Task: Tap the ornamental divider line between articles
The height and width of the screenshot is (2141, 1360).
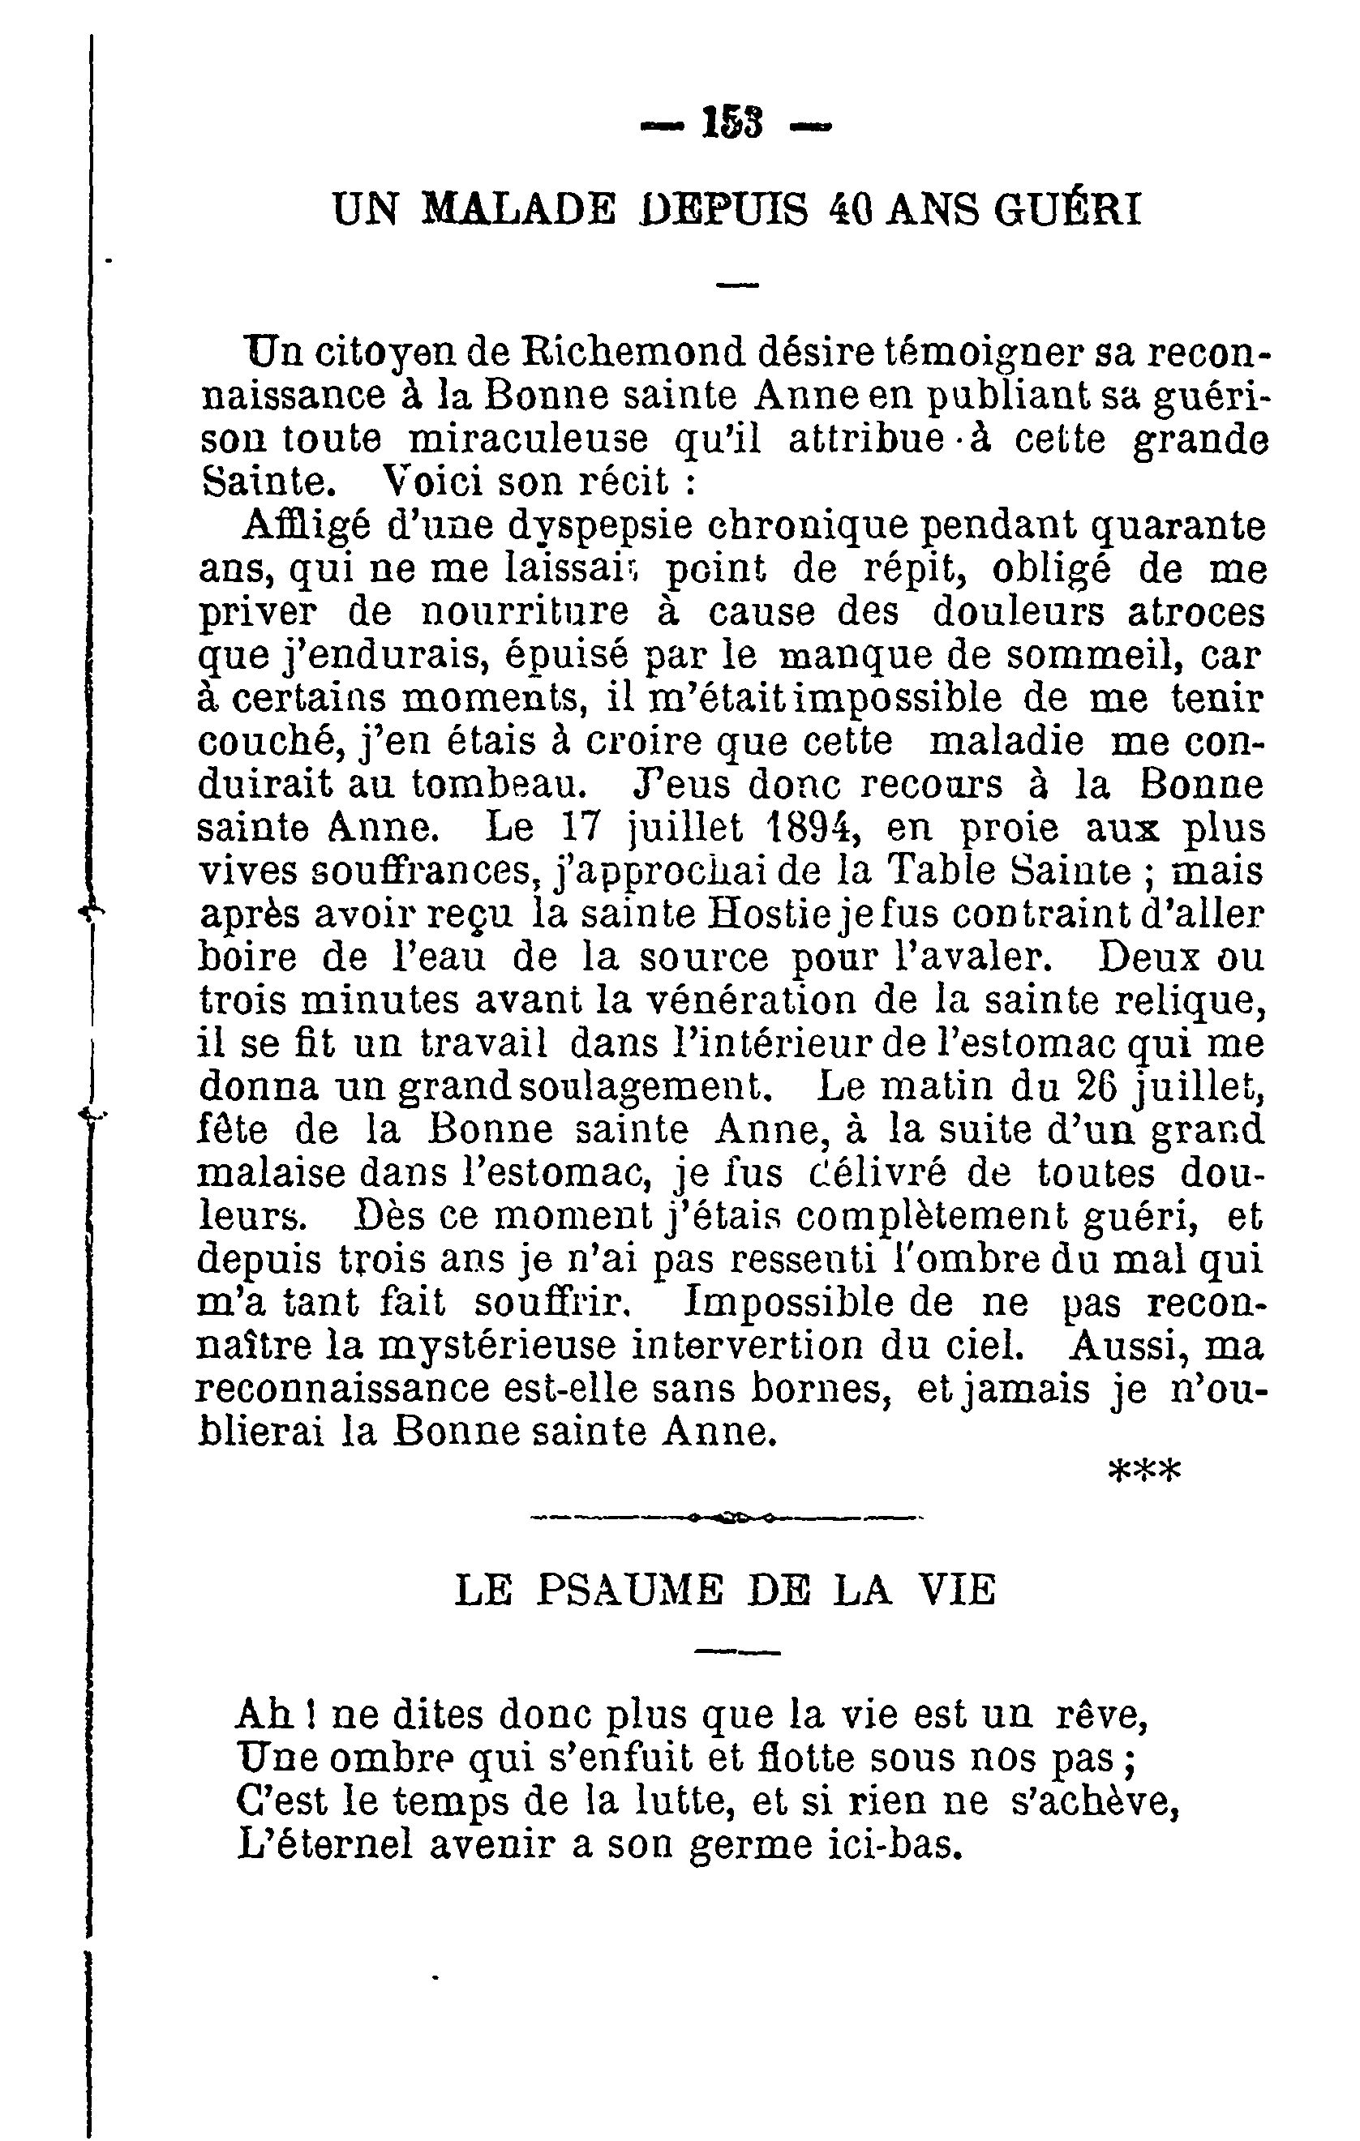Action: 727,1518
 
